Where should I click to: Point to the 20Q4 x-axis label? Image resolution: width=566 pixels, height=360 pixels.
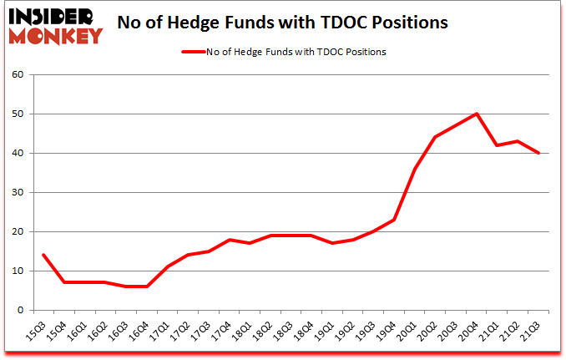click(x=473, y=329)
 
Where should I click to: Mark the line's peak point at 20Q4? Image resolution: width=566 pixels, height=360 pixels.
click(x=477, y=114)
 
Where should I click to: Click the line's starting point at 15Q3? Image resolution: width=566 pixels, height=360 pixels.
click(x=43, y=255)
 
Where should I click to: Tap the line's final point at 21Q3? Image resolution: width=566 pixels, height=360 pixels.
click(x=538, y=153)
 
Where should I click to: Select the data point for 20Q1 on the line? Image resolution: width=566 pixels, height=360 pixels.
click(x=415, y=169)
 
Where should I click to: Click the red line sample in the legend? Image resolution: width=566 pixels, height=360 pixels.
click(x=195, y=52)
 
